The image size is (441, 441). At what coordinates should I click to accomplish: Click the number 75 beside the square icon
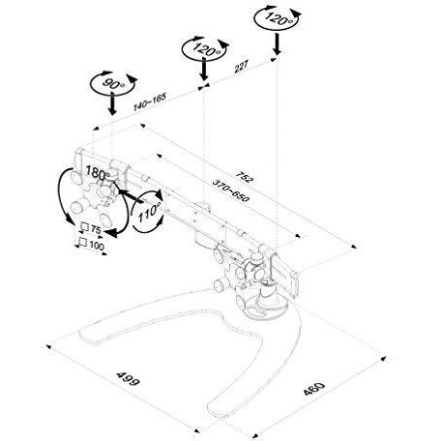click(x=98, y=230)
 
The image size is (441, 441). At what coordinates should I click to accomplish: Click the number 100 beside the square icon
click(x=97, y=246)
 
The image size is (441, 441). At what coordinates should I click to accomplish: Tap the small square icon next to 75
click(x=85, y=229)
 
